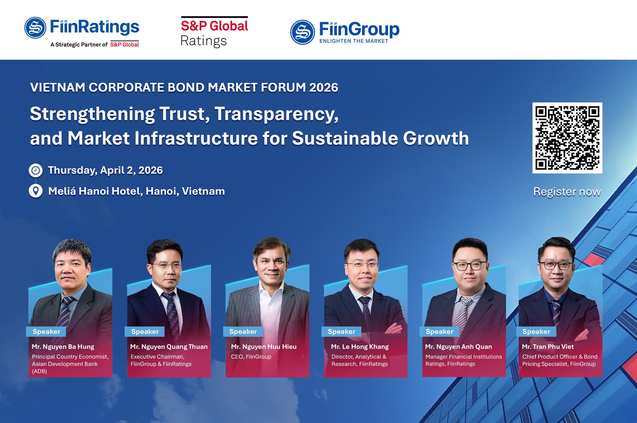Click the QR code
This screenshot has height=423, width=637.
567,138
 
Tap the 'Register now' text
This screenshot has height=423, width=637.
567,192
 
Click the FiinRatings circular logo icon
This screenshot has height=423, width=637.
35,28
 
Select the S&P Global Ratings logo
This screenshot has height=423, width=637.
214,32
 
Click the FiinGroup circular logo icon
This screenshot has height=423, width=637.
302,32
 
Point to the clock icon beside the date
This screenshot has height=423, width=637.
35,170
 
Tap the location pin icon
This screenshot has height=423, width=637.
35,191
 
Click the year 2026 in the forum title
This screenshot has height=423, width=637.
323,87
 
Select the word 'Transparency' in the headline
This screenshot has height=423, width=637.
276,114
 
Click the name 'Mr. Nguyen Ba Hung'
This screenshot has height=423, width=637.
63,347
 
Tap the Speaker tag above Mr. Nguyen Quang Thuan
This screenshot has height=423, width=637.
145,332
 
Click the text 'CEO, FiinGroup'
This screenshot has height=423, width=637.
251,357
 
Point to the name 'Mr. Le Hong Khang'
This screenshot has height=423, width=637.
360,347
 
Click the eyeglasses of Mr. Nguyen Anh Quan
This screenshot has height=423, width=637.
470,265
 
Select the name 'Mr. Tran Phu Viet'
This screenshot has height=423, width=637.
548,347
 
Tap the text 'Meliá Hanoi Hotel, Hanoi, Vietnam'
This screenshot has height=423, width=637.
137,191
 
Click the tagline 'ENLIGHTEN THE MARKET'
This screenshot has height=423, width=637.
354,41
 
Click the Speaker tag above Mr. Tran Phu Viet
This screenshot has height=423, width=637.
536,332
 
